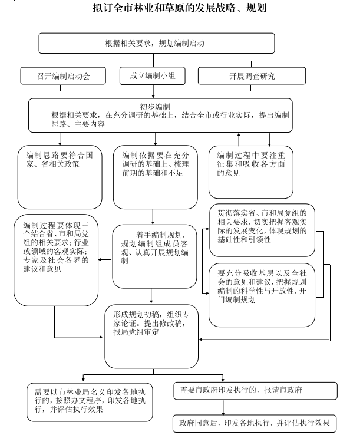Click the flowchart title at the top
(x=179, y=8)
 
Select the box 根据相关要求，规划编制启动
(x=157, y=43)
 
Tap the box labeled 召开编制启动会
(x=63, y=76)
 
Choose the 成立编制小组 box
(x=153, y=76)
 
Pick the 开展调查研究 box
(x=252, y=76)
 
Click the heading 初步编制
(x=155, y=107)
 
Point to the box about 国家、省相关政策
(x=60, y=177)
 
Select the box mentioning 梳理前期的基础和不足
(x=155, y=177)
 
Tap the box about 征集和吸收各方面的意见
(x=251, y=172)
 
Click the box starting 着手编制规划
(x=154, y=256)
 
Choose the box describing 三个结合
(x=56, y=260)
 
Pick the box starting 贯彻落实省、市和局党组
(x=262, y=230)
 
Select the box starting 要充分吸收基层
(x=262, y=295)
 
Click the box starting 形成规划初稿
(x=151, y=337)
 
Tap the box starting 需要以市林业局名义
(x=90, y=402)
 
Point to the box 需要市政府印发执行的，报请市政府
(x=255, y=391)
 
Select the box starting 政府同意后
(x=255, y=423)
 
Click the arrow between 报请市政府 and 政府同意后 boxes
(x=223, y=407)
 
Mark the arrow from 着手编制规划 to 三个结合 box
(x=105, y=260)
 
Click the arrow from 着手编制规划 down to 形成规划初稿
(x=151, y=296)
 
